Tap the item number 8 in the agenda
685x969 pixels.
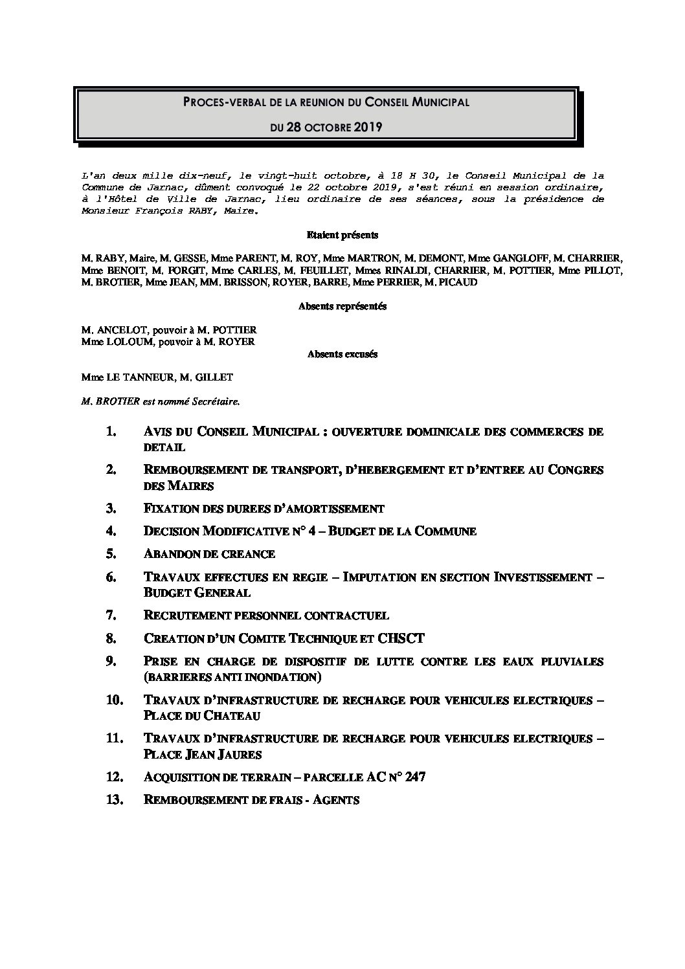click(111, 638)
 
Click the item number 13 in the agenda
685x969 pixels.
click(114, 800)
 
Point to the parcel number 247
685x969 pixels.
click(414, 777)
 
